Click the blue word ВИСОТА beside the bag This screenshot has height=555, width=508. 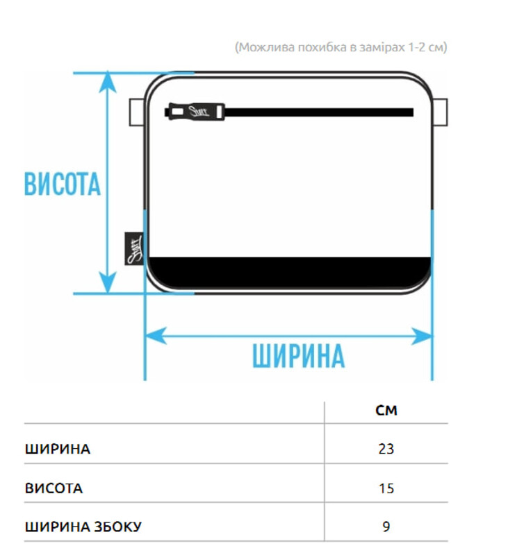coord(63,185)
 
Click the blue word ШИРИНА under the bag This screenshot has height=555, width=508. coord(298,356)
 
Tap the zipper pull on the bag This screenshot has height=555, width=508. coord(195,112)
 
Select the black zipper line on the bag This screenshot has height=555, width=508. coord(320,112)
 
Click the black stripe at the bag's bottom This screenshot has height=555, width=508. coord(289,267)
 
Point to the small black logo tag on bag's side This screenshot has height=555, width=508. coord(132,248)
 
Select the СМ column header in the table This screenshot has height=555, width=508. coord(386,410)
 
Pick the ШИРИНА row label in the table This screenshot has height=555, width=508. coord(58,448)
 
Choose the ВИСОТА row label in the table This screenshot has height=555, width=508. coord(54,488)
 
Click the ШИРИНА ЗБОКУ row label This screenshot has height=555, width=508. coord(83,527)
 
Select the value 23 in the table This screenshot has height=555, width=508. coord(386,449)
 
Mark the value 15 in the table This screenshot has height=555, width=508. coord(386,488)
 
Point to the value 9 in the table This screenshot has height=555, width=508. coord(386,527)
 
